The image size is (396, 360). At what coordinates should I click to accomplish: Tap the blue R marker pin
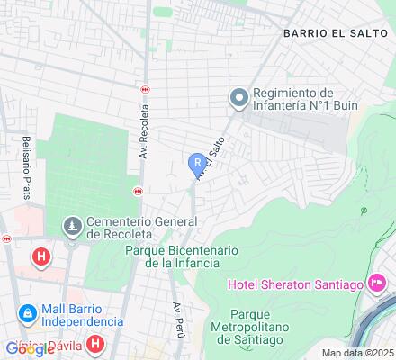198,164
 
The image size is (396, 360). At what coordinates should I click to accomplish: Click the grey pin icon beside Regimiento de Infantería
238,95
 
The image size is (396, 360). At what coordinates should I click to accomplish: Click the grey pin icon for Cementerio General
71,225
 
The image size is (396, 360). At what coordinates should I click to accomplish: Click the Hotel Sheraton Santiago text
294,285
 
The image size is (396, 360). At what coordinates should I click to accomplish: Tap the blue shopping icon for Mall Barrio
28,313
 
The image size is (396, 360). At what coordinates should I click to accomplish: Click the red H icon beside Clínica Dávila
96,343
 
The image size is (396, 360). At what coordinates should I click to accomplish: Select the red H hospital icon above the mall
40,257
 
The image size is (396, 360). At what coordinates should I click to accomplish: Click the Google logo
30,349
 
